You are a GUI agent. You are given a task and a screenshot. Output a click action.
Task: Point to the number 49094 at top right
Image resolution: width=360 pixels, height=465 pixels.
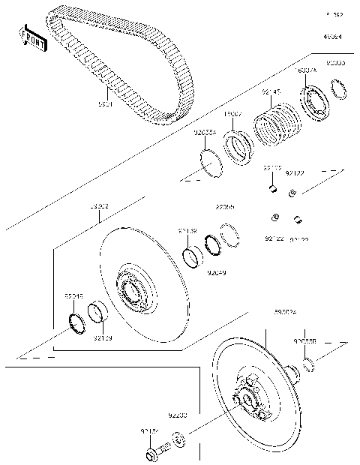tap(333, 36)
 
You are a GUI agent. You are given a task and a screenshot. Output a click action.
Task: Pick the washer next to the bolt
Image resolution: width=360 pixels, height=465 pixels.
tap(179, 439)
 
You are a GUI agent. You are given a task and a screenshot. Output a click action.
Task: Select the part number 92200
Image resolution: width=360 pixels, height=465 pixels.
tap(178, 414)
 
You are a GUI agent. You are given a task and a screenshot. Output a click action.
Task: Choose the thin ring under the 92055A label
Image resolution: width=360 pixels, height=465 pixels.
tap(209, 163)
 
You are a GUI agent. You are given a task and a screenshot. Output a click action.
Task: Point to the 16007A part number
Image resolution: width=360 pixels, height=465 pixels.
tap(307, 70)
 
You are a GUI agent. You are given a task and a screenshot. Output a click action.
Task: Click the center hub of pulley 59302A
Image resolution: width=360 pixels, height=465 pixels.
tap(247, 396)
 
